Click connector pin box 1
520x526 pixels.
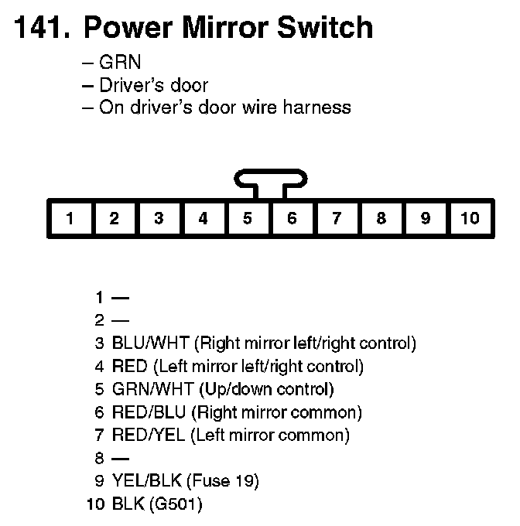pyautogui.click(x=70, y=218)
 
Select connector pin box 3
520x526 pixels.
pyautogui.click(x=159, y=218)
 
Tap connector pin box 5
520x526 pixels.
pyautogui.click(x=248, y=218)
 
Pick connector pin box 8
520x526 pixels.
pyautogui.click(x=381, y=218)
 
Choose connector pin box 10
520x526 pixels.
pyautogui.click(x=470, y=218)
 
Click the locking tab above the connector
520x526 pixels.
pyautogui.click(x=270, y=183)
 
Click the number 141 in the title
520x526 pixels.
pyautogui.click(x=39, y=28)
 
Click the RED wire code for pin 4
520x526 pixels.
pyautogui.click(x=129, y=366)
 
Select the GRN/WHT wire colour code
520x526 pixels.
pyautogui.click(x=152, y=389)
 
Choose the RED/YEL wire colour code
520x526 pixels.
pyautogui.click(x=148, y=435)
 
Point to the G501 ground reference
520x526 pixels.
pyautogui.click(x=178, y=504)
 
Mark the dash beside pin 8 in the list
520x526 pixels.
pyautogui.click(x=121, y=458)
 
